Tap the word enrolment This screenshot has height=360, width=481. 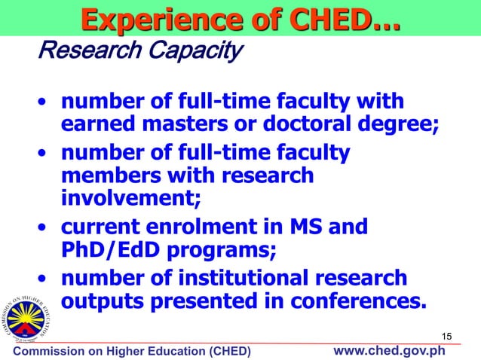tap(213, 227)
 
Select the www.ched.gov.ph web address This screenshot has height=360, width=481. tap(390, 351)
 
